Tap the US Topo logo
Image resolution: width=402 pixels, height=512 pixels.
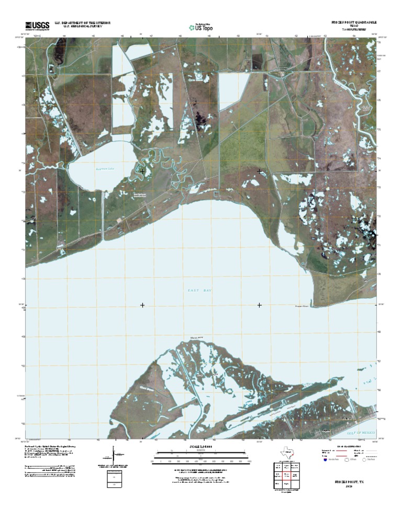200,27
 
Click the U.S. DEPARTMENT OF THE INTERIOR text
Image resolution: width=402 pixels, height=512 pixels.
79,22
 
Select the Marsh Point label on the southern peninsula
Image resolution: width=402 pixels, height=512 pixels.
197,337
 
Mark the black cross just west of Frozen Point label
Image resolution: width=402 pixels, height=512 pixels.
260,305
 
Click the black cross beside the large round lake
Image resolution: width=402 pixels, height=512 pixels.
142,171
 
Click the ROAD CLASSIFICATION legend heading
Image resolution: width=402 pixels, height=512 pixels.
348,447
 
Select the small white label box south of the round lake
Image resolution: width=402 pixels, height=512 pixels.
137,194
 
